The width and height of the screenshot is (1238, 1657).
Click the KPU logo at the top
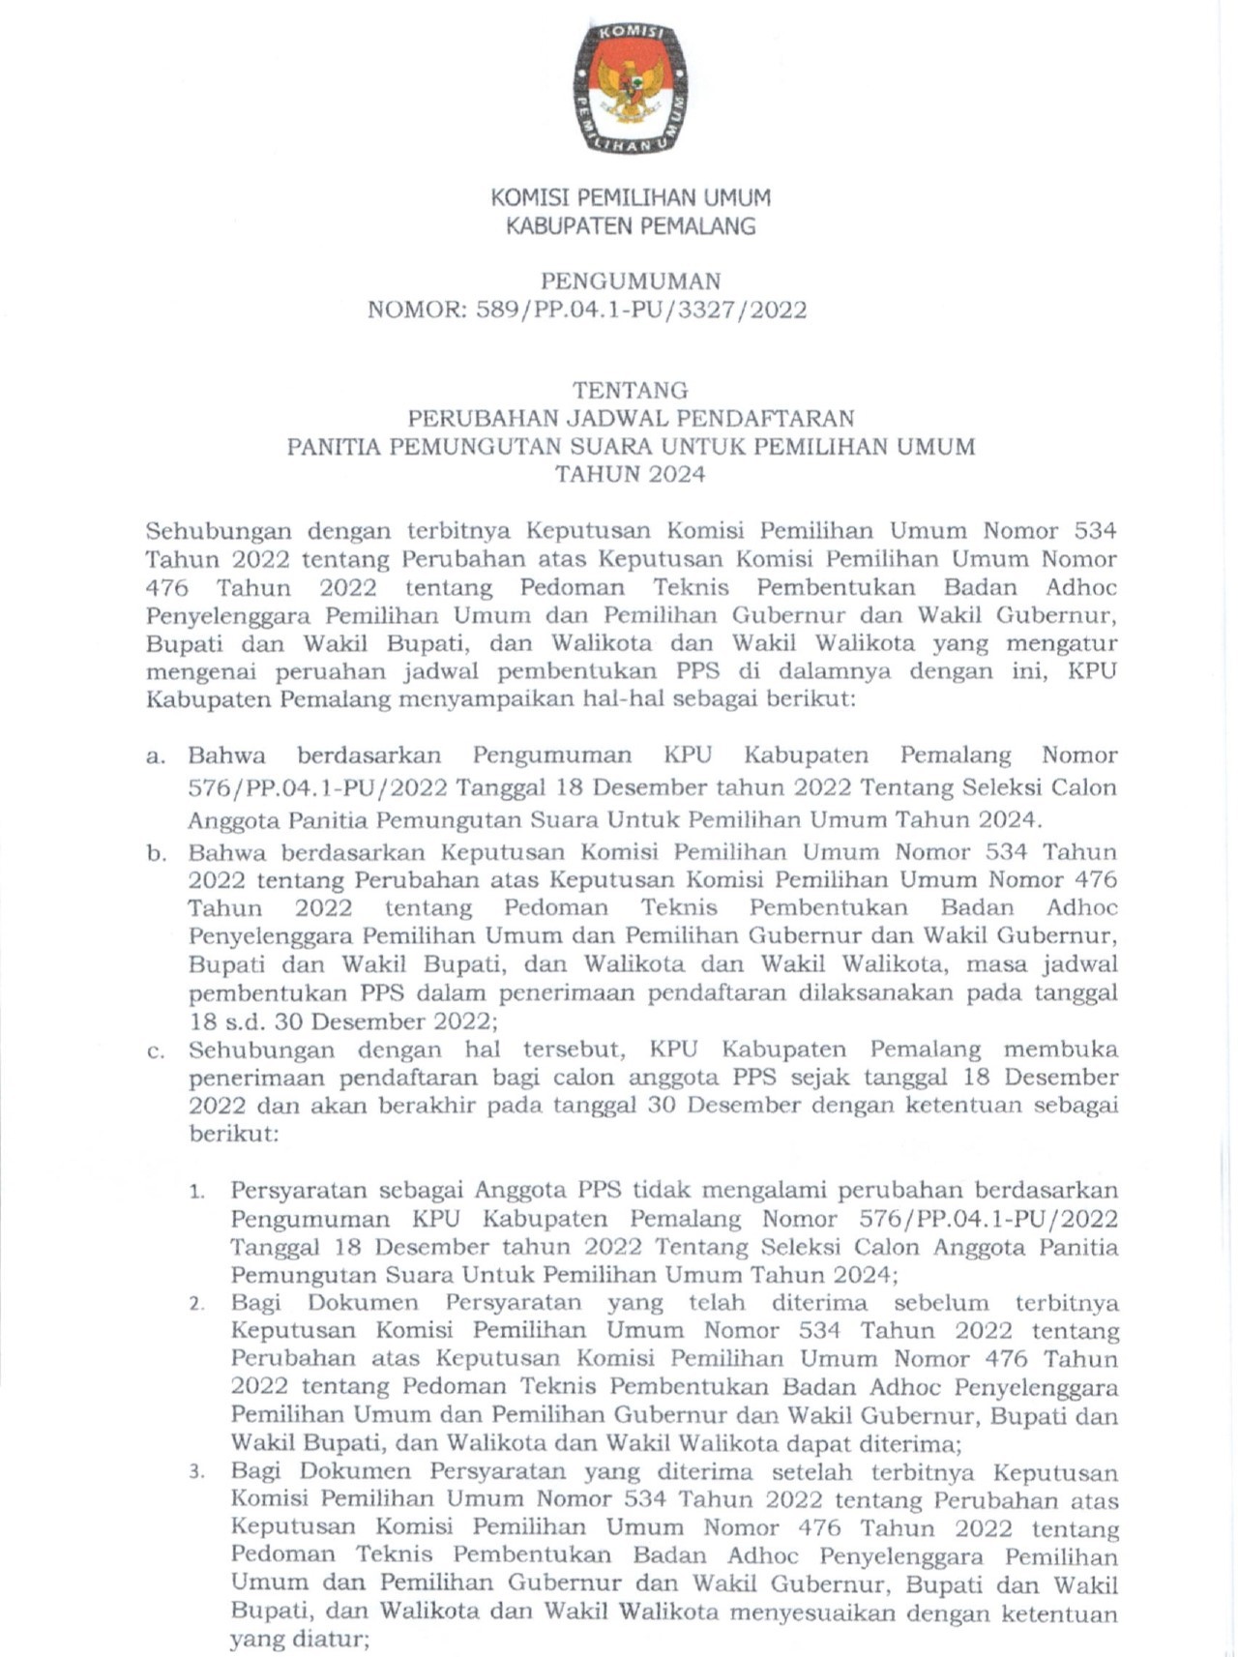point(631,87)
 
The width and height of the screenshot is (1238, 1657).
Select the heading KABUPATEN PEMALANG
point(631,226)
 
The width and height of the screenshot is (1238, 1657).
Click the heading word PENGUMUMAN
point(631,281)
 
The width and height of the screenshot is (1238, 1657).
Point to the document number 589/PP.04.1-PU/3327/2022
point(641,310)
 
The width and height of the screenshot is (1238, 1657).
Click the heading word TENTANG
point(631,391)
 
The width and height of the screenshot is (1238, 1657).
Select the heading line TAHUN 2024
point(631,475)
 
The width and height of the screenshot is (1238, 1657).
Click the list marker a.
point(156,756)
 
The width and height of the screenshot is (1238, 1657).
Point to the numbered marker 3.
point(197,1473)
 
